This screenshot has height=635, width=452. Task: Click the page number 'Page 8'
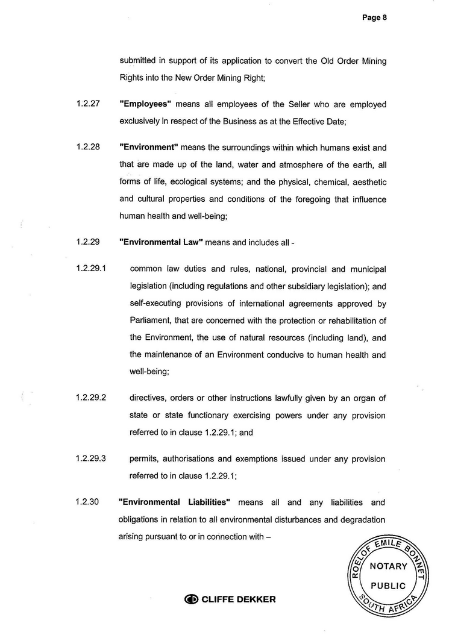(374, 17)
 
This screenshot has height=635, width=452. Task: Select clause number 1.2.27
(88, 104)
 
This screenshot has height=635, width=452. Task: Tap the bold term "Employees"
(146, 104)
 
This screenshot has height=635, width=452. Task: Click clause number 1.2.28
(88, 148)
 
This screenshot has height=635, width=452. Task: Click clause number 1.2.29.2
(91, 398)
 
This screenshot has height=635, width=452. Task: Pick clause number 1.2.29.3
(91, 459)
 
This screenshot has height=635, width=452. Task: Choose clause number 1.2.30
(88, 502)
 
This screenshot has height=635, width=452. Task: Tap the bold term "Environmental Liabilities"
(175, 502)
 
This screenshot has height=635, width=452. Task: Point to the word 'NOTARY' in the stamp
(388, 566)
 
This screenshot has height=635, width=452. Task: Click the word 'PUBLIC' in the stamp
(388, 586)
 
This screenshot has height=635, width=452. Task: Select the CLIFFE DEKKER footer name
(238, 599)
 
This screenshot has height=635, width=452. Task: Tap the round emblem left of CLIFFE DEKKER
(192, 599)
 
